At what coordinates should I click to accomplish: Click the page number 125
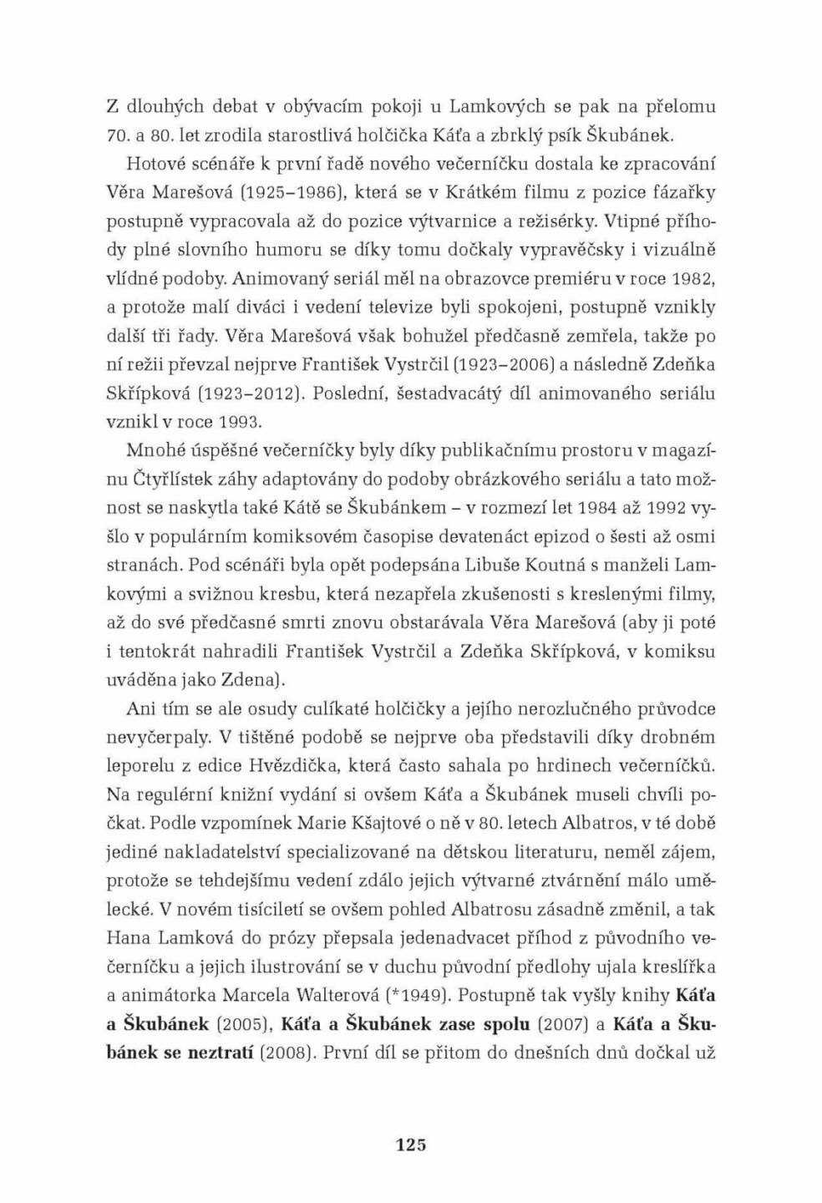coord(410,1145)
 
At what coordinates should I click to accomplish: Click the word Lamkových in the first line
coord(497,107)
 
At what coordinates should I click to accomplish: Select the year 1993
coord(240,422)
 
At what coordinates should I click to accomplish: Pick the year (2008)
coord(286,1053)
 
